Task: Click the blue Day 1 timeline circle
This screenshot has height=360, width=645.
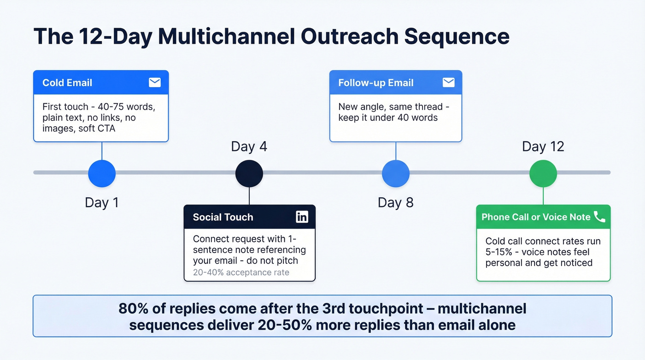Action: tap(102, 173)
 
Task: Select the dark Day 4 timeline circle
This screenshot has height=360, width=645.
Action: tap(249, 173)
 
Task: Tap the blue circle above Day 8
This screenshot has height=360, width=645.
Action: tap(396, 173)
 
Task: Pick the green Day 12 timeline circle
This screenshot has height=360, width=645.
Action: tap(543, 173)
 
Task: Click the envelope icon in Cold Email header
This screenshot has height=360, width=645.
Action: tap(155, 83)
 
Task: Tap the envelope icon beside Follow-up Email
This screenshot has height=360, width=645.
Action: tap(448, 83)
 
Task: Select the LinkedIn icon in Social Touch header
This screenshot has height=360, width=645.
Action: tap(302, 217)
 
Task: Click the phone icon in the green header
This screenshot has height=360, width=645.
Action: tap(599, 217)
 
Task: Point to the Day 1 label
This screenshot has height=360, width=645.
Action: tap(102, 202)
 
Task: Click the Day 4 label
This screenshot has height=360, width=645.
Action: tap(249, 147)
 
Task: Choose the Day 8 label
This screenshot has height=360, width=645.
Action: tap(396, 202)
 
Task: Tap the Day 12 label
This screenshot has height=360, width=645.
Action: tap(543, 147)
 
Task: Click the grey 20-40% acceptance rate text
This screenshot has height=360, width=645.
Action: tap(241, 272)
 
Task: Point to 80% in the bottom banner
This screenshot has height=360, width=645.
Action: tap(134, 308)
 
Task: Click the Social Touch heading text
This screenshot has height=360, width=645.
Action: tap(223, 217)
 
